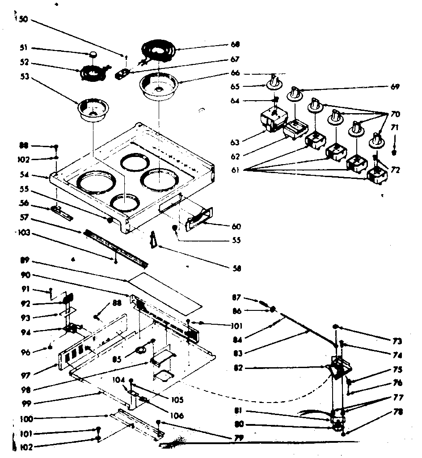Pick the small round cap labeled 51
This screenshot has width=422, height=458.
[93, 54]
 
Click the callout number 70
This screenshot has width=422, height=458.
[394, 114]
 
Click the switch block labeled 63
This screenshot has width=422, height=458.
[272, 119]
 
